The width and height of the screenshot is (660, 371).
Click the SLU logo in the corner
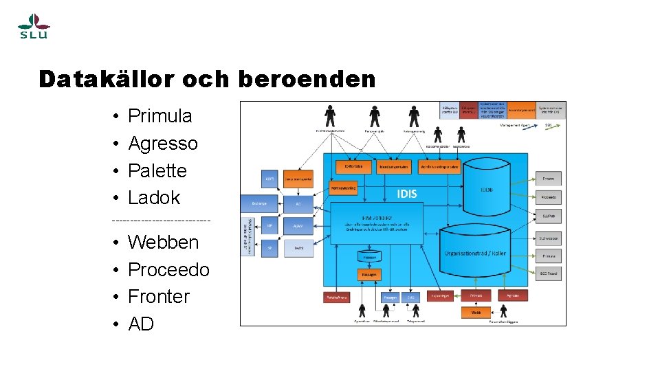[33, 27]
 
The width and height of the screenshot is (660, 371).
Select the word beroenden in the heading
[307, 80]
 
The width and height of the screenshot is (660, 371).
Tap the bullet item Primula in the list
[159, 116]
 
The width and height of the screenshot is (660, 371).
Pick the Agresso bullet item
[162, 144]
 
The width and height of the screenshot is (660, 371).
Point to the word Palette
[157, 170]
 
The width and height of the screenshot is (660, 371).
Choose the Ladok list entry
[154, 198]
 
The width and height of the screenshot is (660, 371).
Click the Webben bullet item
[163, 243]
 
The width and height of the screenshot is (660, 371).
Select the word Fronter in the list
[159, 297]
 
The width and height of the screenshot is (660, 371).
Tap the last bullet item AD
[141, 324]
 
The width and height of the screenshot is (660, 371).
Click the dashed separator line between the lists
[161, 220]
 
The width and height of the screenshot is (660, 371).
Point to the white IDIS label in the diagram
[407, 194]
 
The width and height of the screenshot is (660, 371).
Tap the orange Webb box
[476, 311]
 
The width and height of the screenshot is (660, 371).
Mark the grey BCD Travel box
[549, 273]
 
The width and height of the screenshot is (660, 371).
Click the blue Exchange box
[258, 204]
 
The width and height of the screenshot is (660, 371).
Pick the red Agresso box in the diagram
[513, 295]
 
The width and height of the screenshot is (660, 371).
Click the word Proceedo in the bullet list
[168, 270]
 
